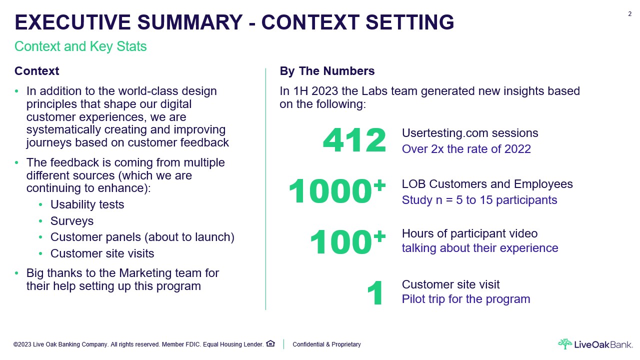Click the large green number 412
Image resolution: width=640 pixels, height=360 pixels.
[354, 140]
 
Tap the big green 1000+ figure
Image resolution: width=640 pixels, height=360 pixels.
[337, 190]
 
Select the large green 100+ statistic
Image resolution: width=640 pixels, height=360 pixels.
[347, 241]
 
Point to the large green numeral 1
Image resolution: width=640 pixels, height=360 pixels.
[374, 293]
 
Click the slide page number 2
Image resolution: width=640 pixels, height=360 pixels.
[629, 14]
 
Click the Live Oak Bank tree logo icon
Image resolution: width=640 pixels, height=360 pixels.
[565, 344]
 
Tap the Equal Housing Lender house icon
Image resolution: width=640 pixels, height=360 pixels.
[270, 343]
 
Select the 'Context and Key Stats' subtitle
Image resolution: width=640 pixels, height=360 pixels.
[80, 46]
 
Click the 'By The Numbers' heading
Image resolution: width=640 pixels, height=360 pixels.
[327, 71]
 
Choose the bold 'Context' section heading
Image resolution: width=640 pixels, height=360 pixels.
[37, 71]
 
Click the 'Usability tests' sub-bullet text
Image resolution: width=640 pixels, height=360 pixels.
[87, 204]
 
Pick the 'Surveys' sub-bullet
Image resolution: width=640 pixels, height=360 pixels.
[72, 221]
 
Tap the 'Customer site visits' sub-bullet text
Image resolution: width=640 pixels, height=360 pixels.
[102, 253]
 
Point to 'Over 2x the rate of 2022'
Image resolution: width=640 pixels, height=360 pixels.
[466, 149]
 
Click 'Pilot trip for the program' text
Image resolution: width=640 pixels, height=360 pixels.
[466, 299]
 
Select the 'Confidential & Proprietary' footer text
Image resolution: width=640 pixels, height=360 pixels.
[326, 344]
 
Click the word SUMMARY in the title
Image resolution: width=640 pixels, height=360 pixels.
[190, 22]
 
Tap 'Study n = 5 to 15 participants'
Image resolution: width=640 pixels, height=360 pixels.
[479, 200]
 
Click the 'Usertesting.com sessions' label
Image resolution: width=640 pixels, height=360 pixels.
[470, 133]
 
